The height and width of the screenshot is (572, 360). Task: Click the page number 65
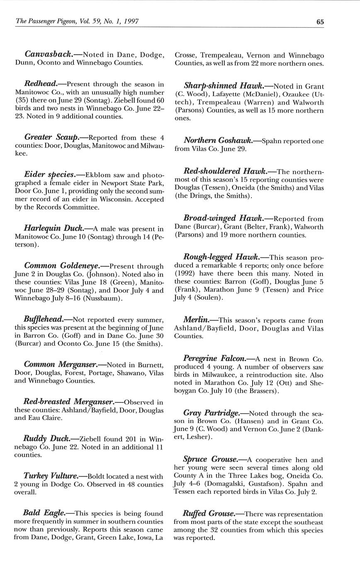coord(320,22)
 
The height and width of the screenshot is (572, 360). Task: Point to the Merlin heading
coord(196,320)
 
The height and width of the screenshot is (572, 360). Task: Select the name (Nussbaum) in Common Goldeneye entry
coord(103,298)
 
